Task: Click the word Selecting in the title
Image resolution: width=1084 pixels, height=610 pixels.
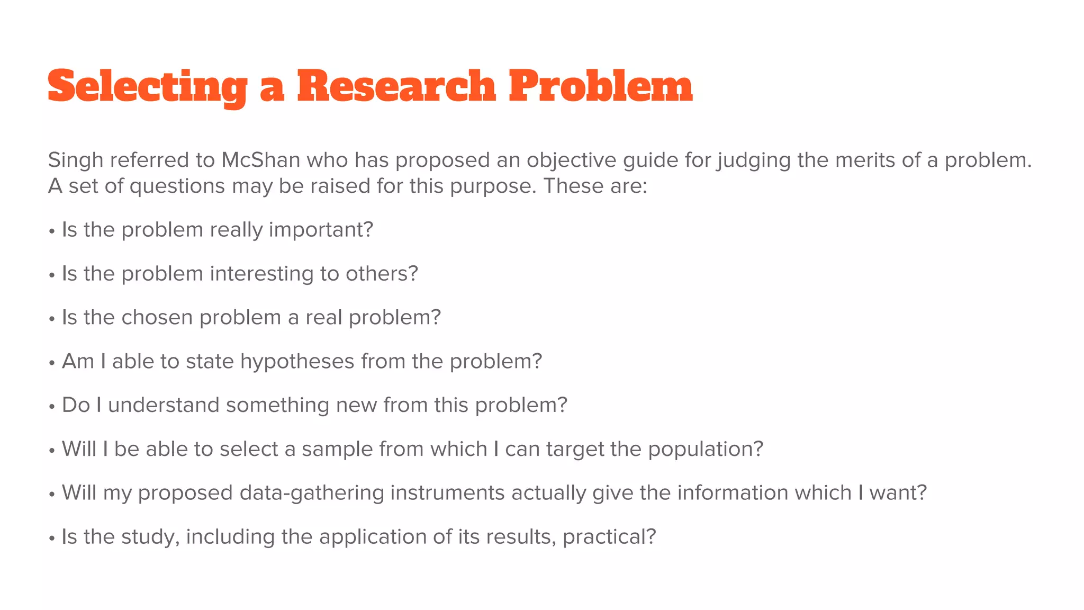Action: coord(147,87)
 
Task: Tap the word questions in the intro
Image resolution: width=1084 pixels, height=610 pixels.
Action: coord(177,186)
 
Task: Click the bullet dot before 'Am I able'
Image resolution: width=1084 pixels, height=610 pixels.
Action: coord(52,363)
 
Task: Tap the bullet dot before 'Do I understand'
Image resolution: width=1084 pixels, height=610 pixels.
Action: coord(52,407)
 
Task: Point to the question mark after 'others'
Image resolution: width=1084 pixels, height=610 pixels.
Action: coord(413,274)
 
